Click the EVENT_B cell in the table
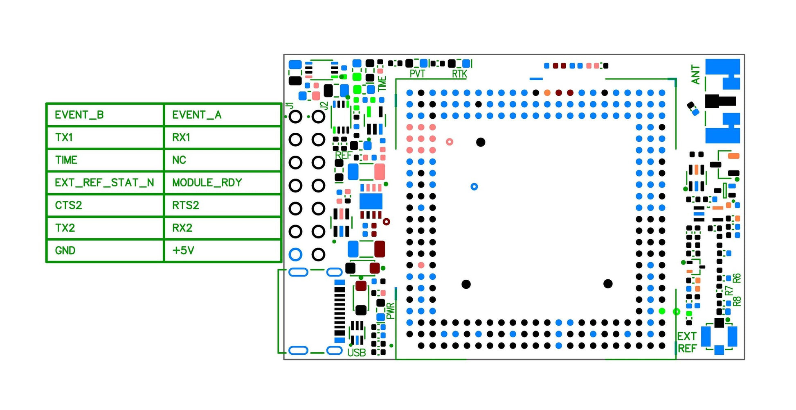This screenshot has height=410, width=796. coord(105,115)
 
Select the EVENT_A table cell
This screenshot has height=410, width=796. coord(222,115)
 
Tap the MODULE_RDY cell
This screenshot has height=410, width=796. coord(222,183)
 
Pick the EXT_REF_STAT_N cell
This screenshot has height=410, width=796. coord(105,183)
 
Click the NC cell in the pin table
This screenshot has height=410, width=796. coord(222,160)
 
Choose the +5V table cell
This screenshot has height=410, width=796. coord(222,250)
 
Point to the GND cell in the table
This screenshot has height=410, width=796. coord(105,250)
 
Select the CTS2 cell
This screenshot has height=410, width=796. coord(105,205)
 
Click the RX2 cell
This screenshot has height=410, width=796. coord(222,228)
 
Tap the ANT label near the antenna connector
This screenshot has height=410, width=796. coord(695,75)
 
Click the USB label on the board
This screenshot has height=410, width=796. coord(356,353)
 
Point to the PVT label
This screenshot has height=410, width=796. coord(417,74)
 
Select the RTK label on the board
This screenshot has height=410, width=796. coord(459,74)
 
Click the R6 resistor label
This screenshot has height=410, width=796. coord(737,278)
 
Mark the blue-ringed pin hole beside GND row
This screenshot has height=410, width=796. coord(295,254)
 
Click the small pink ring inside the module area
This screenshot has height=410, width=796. coord(450,142)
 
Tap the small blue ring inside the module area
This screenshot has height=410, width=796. coord(474,187)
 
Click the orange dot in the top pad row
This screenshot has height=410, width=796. coord(547,93)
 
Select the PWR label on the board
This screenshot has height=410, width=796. coord(391,311)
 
